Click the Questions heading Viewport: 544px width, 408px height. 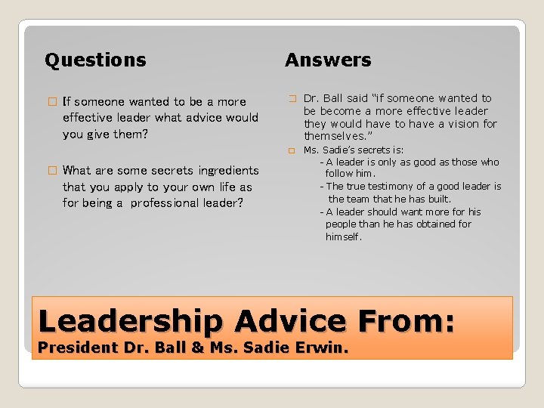pyautogui.click(x=95, y=60)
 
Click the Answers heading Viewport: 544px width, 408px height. pyautogui.click(x=328, y=60)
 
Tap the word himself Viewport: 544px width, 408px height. pyautogui.click(x=344, y=236)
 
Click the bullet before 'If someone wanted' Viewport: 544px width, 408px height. pyautogui.click(x=51, y=101)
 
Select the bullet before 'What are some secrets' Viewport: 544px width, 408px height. pyautogui.click(x=51, y=170)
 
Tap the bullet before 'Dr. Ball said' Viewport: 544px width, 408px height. pyautogui.click(x=292, y=98)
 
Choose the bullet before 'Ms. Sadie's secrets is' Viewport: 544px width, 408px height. pyautogui.click(x=292, y=150)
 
